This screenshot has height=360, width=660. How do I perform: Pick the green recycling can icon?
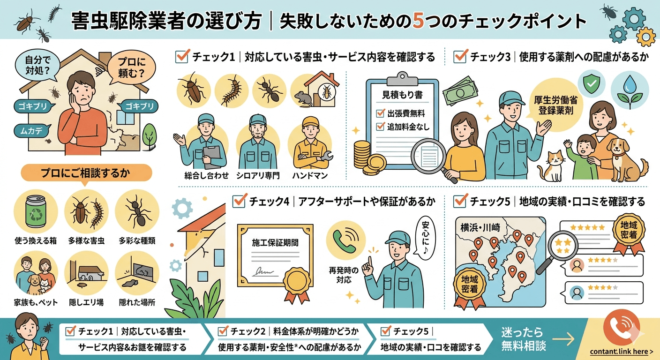pyautogui.click(x=36, y=214)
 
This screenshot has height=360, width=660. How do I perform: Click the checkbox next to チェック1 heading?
pyautogui.click(x=181, y=57)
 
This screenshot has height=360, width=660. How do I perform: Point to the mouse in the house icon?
pyautogui.click(x=301, y=97)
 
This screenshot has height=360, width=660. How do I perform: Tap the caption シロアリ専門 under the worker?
pyautogui.click(x=258, y=176)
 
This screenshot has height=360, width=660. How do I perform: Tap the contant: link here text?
pyautogui.click(x=621, y=352)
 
